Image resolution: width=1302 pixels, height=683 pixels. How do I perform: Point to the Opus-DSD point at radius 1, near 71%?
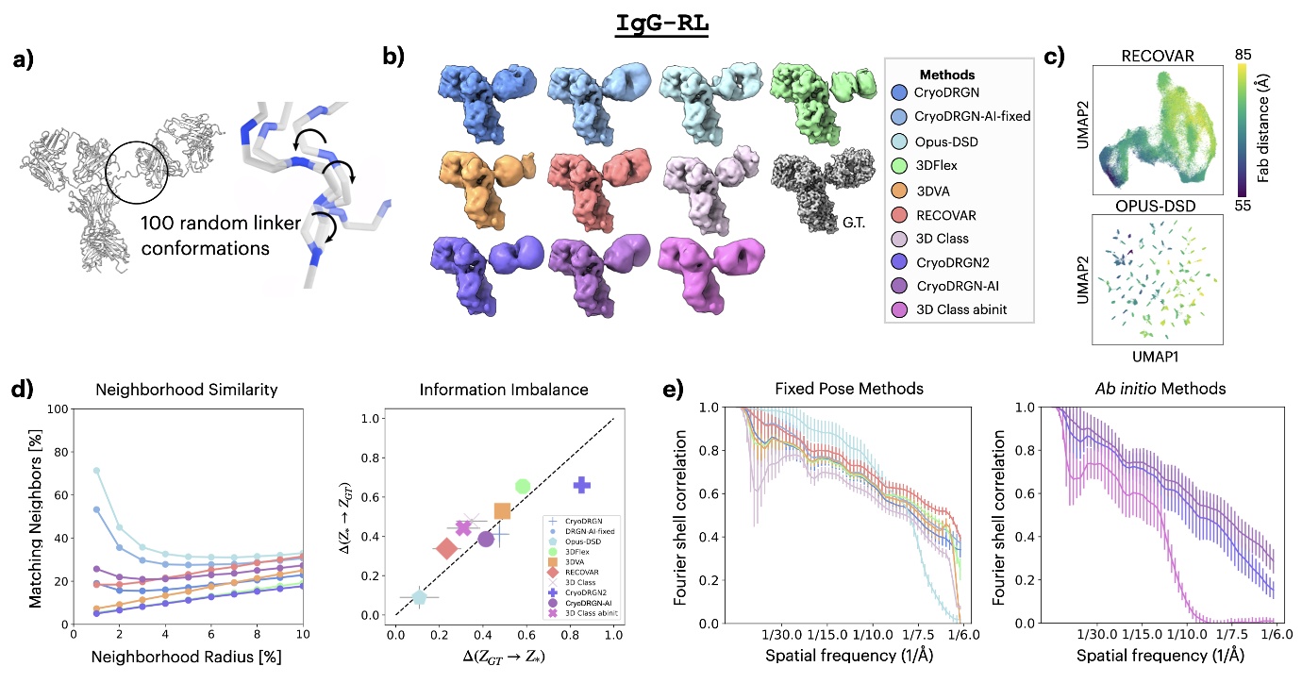(x=96, y=471)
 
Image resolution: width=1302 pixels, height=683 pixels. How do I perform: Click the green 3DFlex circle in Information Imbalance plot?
(x=523, y=486)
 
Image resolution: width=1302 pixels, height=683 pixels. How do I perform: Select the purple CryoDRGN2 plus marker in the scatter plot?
(x=582, y=485)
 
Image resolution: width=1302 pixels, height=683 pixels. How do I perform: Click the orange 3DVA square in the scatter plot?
(x=502, y=511)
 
